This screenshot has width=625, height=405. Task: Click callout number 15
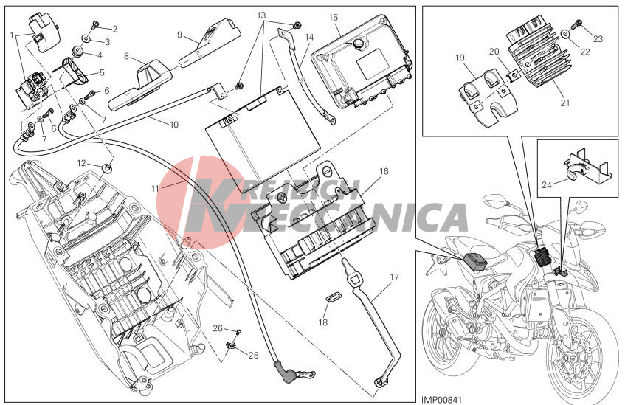click(334, 18)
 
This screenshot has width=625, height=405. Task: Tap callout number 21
click(564, 103)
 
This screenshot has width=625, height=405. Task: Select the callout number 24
click(547, 184)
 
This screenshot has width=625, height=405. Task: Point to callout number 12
click(81, 163)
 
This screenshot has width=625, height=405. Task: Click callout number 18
click(323, 322)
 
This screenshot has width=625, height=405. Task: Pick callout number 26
click(218, 328)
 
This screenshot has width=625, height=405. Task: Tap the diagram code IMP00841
click(442, 399)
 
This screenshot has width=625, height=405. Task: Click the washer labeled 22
click(566, 34)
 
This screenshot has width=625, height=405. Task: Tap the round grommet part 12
click(107, 167)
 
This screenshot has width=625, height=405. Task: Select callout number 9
click(180, 35)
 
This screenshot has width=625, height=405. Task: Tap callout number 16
click(384, 171)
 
